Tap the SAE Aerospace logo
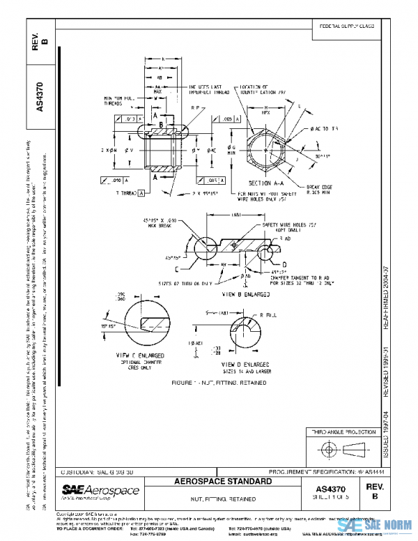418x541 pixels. tap(100, 492)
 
